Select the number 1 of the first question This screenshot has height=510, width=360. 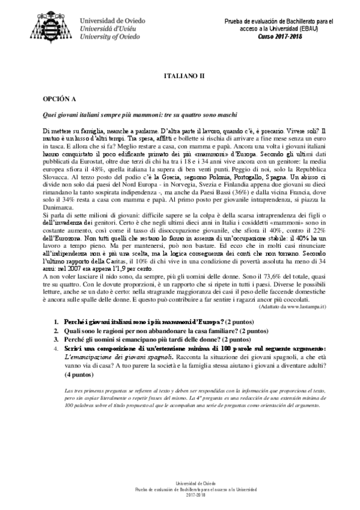[56, 322]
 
